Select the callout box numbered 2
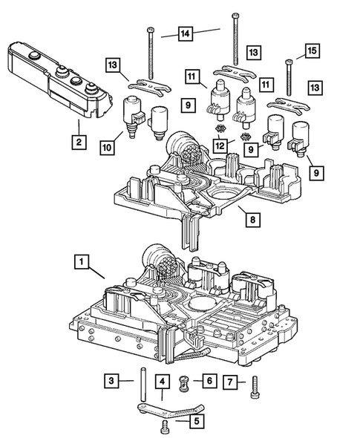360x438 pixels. (76, 139)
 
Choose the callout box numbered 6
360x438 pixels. (209, 381)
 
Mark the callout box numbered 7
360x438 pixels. (231, 382)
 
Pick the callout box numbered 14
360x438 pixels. (185, 33)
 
